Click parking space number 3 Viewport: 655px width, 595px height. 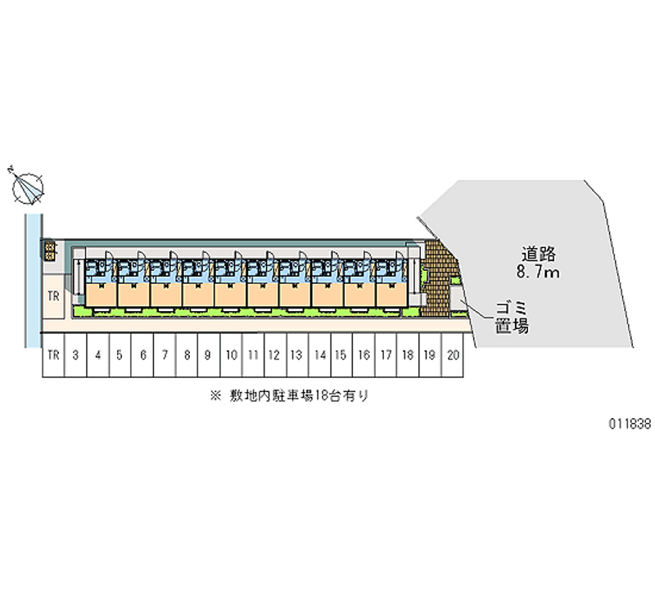pyautogui.click(x=75, y=356)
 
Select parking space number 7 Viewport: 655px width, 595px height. pyautogui.click(x=165, y=356)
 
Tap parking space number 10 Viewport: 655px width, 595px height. pyautogui.click(x=232, y=356)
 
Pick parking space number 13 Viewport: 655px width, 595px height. pyautogui.click(x=297, y=356)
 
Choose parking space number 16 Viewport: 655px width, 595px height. pyautogui.click(x=364, y=356)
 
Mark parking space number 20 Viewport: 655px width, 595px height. pyautogui.click(x=453, y=356)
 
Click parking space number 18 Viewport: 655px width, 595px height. pyautogui.click(x=408, y=356)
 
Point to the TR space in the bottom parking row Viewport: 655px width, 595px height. pyautogui.click(x=53, y=356)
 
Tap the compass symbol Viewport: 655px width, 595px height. pyautogui.click(x=28, y=187)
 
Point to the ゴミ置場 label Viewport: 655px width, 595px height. pyautogui.click(x=510, y=318)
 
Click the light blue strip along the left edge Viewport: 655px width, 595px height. pyautogui.click(x=33, y=278)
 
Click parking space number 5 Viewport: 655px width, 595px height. pyautogui.click(x=120, y=356)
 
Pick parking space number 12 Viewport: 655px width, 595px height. pyautogui.click(x=275, y=356)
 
